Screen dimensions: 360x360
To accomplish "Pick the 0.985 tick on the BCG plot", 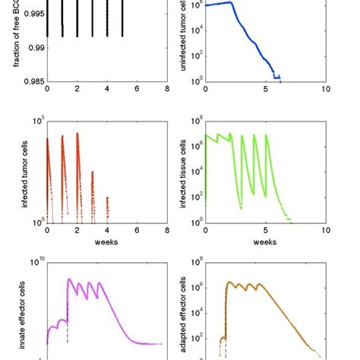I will click(x=33, y=81).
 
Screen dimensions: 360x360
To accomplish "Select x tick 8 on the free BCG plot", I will click(x=166, y=89).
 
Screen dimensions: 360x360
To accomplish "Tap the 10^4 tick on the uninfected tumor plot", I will click(x=195, y=30).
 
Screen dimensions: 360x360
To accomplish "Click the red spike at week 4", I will click(x=107, y=208).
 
